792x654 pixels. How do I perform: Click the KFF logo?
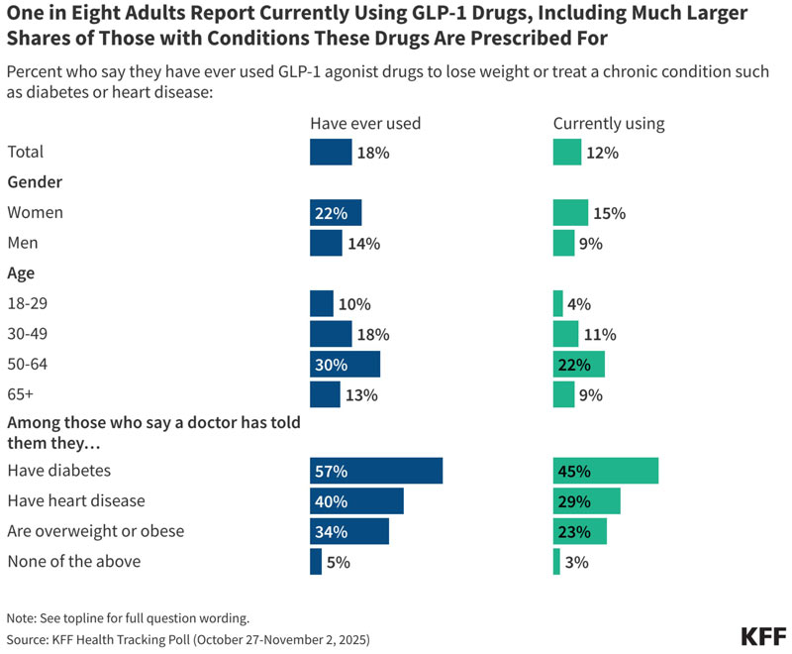coord(763,637)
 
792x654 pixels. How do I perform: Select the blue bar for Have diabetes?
coord(376,471)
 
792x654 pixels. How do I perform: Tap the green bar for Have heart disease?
coord(586,500)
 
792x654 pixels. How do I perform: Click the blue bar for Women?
coord(336,213)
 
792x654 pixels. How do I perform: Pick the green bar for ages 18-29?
coord(557,304)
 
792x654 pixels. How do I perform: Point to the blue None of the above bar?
coord(316,562)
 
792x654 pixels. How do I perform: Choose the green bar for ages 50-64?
coord(579,365)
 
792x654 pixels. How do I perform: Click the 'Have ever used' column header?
coord(365,123)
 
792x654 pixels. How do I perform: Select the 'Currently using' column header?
coord(609,124)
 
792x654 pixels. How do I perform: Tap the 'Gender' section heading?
coord(35,182)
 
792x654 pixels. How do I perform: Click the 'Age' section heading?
coord(21,273)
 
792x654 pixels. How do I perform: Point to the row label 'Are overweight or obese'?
coord(95,531)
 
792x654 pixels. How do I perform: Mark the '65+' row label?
coord(20,394)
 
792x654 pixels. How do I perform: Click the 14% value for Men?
coord(363,244)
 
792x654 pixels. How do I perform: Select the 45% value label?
coord(574,471)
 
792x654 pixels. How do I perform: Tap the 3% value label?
coord(577,562)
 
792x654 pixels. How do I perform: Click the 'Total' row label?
coord(26,152)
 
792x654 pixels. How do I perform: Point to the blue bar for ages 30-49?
coord(331,334)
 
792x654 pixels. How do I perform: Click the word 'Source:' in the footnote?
coord(28,639)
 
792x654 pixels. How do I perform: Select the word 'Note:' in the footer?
coord(22,618)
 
